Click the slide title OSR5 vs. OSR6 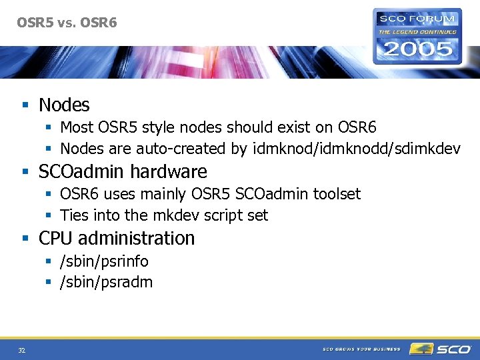tap(67, 23)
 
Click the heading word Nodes tap(64, 105)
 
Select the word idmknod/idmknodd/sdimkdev tap(357, 148)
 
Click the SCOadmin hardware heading tap(123, 171)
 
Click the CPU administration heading tap(117, 238)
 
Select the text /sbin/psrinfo tap(104, 261)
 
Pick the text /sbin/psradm tap(106, 283)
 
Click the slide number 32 tap(21, 350)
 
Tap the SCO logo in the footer tap(441, 349)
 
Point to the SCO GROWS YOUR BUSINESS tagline tap(361, 349)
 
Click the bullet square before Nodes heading tap(25, 105)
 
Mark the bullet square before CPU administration tap(25, 239)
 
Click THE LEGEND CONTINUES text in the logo tap(417, 31)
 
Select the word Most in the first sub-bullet tap(76, 127)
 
